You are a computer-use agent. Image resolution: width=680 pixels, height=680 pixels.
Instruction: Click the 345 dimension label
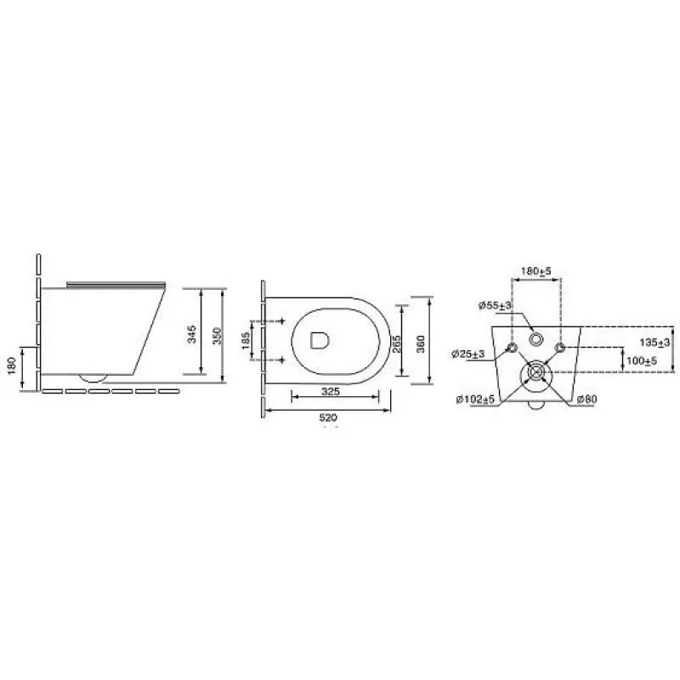click(x=192, y=334)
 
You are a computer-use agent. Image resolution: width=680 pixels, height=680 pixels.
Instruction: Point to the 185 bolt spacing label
click(x=246, y=341)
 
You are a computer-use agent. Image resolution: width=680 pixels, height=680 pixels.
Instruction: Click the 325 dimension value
click(x=331, y=392)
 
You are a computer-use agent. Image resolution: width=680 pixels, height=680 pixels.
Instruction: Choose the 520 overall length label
click(x=328, y=417)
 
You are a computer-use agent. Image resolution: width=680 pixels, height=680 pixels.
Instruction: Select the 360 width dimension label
click(x=420, y=344)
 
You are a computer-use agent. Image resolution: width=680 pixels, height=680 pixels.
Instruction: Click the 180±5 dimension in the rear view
click(x=536, y=271)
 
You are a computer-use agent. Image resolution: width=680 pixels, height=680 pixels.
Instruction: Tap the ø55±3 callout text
click(x=495, y=305)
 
